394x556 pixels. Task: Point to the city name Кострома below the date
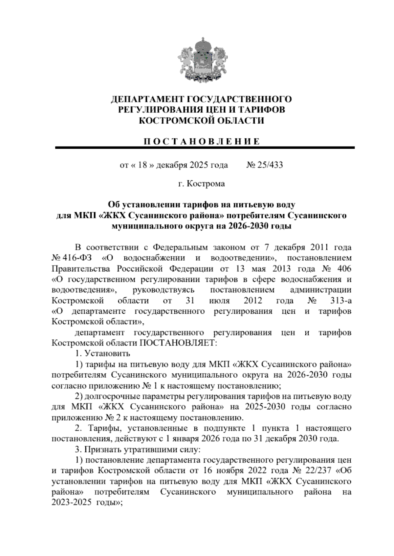206,184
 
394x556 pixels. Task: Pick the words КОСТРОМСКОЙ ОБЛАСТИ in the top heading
202,121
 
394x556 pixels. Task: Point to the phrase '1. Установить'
102,354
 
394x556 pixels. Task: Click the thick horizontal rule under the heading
205,148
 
